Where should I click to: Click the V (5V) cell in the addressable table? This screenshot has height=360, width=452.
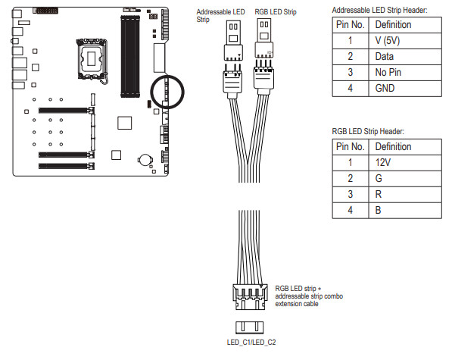[x=405, y=41]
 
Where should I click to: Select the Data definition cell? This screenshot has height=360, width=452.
[x=405, y=57]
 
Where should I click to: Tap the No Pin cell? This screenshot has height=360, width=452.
[x=405, y=73]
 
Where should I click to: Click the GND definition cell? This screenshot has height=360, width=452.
[x=405, y=88]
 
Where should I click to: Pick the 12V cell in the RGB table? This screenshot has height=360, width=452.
[x=405, y=163]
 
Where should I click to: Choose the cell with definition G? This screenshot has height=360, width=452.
[x=405, y=179]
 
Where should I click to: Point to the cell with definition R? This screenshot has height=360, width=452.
[x=405, y=195]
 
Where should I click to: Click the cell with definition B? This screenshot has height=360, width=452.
[x=405, y=210]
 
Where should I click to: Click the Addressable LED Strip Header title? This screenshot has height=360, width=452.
[x=379, y=11]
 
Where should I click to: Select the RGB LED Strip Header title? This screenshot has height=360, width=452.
[x=368, y=132]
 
